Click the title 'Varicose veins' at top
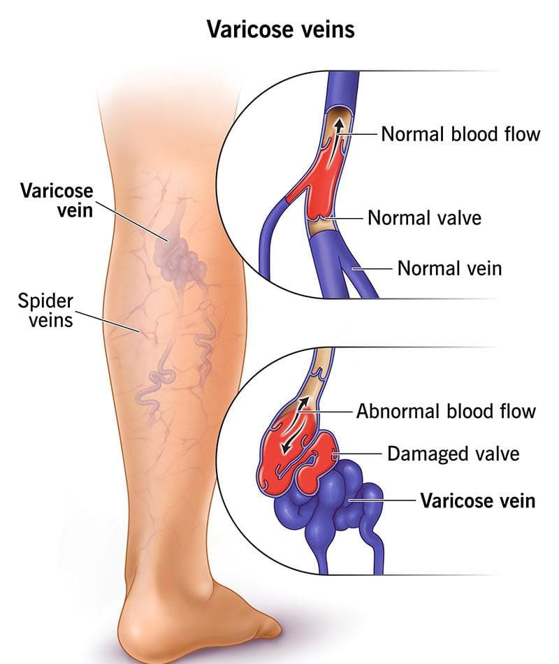pyautogui.click(x=281, y=29)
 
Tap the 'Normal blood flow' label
pyautogui.click(x=460, y=134)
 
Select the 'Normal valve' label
pyautogui.click(x=424, y=217)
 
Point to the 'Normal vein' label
pyautogui.click(x=449, y=268)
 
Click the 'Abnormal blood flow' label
pyautogui.click(x=446, y=411)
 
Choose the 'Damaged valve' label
pyautogui.click(x=453, y=454)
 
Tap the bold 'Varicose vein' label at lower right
pyautogui.click(x=478, y=500)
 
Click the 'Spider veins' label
pyautogui.click(x=45, y=310)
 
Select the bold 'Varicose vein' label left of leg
pyautogui.click(x=57, y=200)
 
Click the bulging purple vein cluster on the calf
pyautogui.click(x=180, y=257)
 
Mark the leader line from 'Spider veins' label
pyautogui.click(x=108, y=322)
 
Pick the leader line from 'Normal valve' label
pyautogui.click(x=344, y=218)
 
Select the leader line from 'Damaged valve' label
pyautogui.click(x=358, y=454)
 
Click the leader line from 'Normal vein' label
pyautogui.click(x=372, y=268)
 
